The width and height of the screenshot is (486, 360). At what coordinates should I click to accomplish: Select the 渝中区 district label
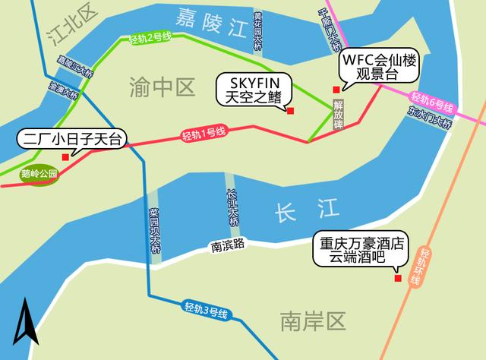[x=162, y=87]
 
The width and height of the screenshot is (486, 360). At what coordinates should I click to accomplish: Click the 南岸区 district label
[x=312, y=321]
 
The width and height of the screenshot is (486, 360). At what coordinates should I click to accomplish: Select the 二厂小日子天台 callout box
[x=71, y=139]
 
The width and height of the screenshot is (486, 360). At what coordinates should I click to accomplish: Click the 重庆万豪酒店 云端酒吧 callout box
[x=361, y=251]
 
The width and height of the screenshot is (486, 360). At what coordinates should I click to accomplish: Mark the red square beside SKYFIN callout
[x=290, y=112]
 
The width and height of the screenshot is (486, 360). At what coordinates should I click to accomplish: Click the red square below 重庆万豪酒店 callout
[x=397, y=279]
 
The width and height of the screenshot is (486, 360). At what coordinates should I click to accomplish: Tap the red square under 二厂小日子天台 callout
[x=65, y=157]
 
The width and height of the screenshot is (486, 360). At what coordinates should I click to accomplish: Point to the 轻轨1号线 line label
[x=204, y=134]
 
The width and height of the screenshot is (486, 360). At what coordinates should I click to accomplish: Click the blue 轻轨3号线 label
[x=207, y=310]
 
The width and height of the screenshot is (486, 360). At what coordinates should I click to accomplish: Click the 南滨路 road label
[x=228, y=245]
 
